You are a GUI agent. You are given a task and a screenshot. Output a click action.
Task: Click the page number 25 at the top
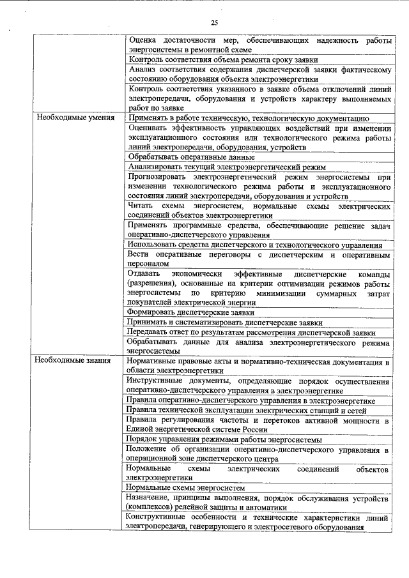tap(215, 23)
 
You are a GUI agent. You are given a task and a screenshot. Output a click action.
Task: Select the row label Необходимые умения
tap(75, 118)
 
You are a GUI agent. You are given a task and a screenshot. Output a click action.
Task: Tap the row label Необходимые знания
tap(74, 361)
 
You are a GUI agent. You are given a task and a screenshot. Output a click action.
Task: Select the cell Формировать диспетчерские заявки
tap(190, 312)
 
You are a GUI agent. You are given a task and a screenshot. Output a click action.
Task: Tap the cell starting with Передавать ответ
tap(250, 332)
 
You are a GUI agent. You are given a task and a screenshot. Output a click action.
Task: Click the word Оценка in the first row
tap(143, 40)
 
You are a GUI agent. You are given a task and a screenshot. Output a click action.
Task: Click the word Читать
tap(141, 207)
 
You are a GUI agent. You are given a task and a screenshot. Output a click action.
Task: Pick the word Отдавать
tap(145, 273)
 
